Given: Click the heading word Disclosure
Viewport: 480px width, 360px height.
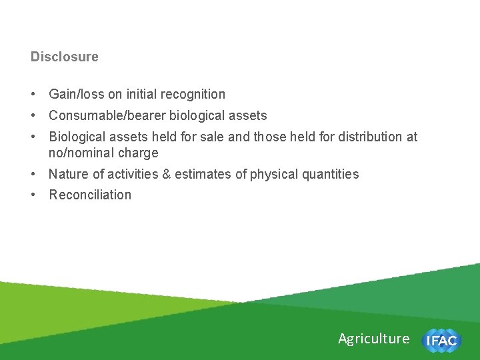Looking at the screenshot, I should tap(64, 57).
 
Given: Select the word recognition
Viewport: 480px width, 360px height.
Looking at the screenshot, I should tap(193, 95).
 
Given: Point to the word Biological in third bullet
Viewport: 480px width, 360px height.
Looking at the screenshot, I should tap(77, 137).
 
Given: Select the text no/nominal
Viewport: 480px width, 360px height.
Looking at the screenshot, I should tap(82, 153).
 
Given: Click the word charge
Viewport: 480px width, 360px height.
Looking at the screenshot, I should tap(139, 153).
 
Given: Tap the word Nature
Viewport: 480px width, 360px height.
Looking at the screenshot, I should tap(68, 175).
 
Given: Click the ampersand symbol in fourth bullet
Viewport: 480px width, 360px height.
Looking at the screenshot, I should tap(165, 175).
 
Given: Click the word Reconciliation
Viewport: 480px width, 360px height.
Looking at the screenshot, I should tap(90, 195).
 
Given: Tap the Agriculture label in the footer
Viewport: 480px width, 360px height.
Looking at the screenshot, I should tap(373, 339).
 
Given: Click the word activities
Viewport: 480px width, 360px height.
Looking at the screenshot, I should tap(126, 175).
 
